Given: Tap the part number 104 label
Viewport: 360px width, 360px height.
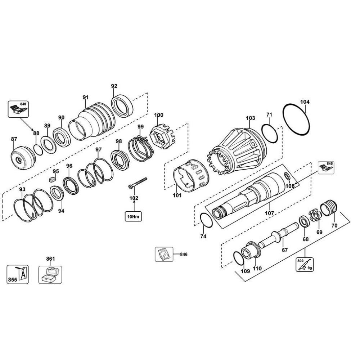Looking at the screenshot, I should click(x=305, y=102).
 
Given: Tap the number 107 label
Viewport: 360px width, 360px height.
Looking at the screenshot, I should click(x=269, y=213).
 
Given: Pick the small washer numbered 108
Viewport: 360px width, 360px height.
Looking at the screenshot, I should click(x=287, y=176).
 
